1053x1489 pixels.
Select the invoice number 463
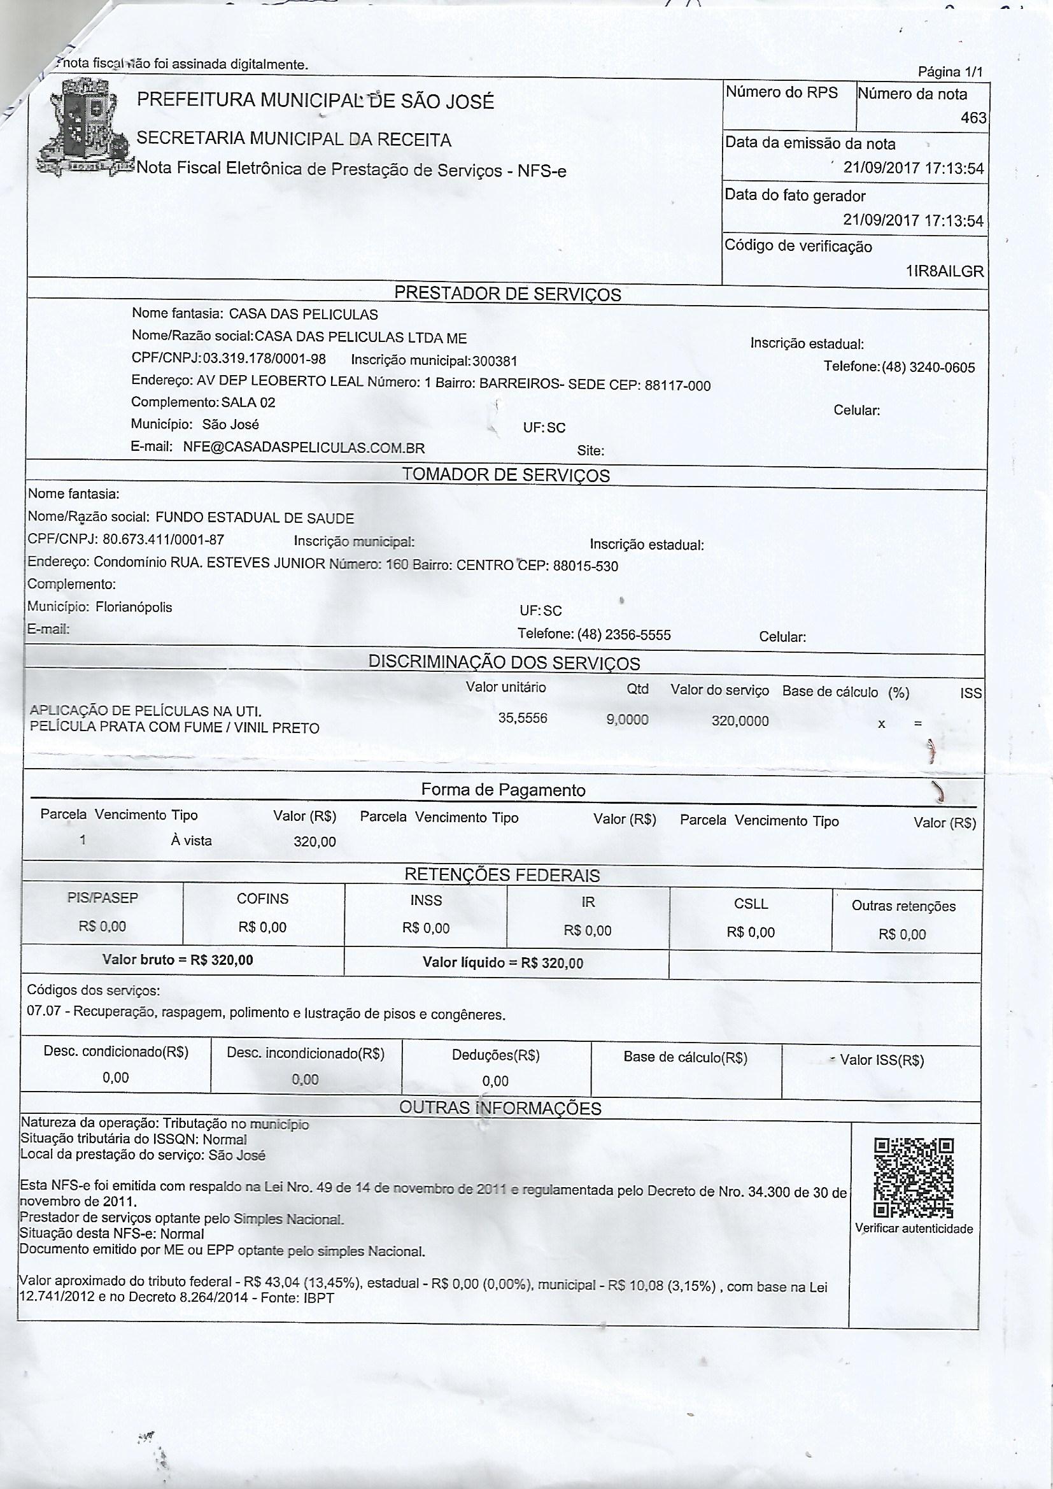pyautogui.click(x=974, y=118)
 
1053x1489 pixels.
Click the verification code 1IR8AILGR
pyautogui.click(x=945, y=271)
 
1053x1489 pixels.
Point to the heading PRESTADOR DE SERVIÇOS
pyautogui.click(x=507, y=294)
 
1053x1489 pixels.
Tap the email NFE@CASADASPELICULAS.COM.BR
pyautogui.click(x=304, y=448)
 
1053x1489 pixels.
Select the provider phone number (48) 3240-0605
pyautogui.click(x=928, y=367)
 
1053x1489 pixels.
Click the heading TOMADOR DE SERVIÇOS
pyautogui.click(x=505, y=474)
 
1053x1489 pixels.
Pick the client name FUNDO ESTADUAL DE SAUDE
pyautogui.click(x=255, y=518)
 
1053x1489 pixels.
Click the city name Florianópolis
pyautogui.click(x=134, y=607)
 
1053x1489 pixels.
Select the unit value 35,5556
pyautogui.click(x=523, y=717)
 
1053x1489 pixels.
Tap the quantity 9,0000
pyautogui.click(x=627, y=719)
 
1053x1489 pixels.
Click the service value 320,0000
pyautogui.click(x=740, y=720)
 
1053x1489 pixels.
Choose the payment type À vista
pyautogui.click(x=191, y=841)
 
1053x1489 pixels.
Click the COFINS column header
pyautogui.click(x=262, y=899)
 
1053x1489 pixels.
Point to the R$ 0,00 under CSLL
pyautogui.click(x=751, y=932)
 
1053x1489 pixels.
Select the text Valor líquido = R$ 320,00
pyautogui.click(x=502, y=962)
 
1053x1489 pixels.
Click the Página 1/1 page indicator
pyautogui.click(x=951, y=72)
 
